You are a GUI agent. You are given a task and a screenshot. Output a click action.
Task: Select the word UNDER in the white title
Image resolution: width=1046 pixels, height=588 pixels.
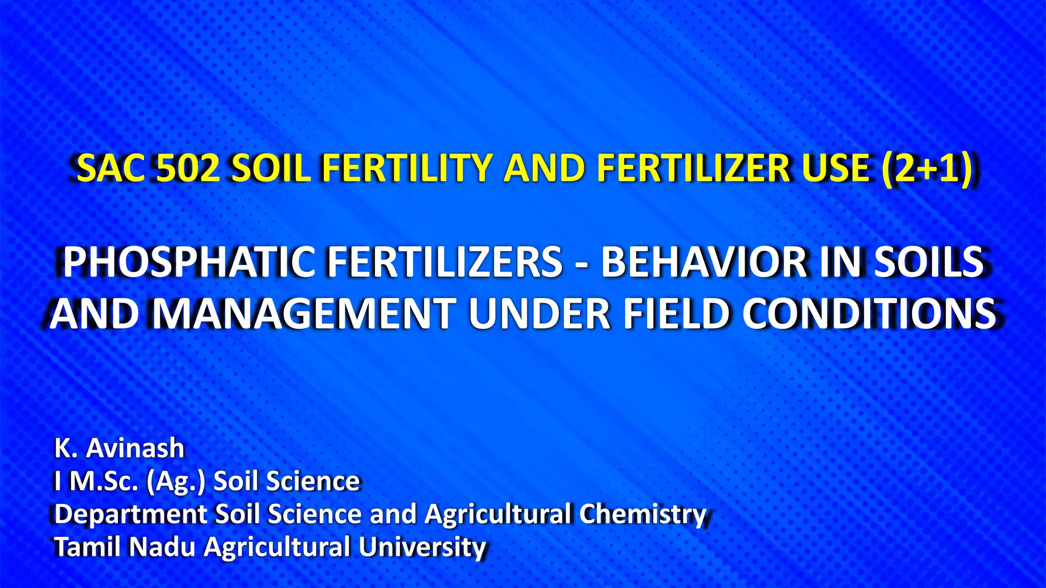pos(539,313)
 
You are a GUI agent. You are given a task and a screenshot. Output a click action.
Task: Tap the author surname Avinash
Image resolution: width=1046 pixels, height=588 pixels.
pos(135,448)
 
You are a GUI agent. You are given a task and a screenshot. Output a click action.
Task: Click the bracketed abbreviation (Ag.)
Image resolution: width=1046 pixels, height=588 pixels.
pos(175,481)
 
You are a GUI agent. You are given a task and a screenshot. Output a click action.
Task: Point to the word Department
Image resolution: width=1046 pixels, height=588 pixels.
pos(130,514)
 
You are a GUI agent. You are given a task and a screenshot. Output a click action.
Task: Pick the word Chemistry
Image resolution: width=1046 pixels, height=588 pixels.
pos(642,514)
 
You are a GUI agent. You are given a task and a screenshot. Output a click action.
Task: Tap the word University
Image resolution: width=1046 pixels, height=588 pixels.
pos(422,547)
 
